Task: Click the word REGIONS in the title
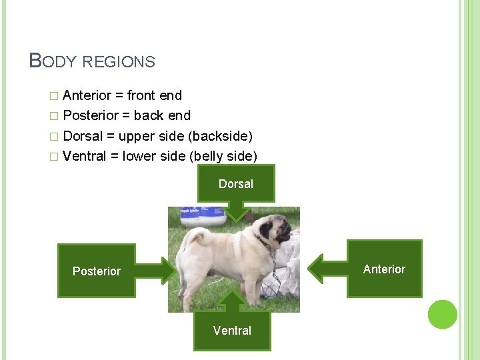pos(119,62)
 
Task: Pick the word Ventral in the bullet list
pos(85,156)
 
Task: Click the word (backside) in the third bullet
pos(221,136)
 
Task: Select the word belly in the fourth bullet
pos(213,156)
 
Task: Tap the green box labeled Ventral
pos(232,331)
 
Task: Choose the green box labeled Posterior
pos(96,271)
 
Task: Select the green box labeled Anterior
pos(385,269)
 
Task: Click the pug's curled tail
pos(197,237)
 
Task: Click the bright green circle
pos(443,315)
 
